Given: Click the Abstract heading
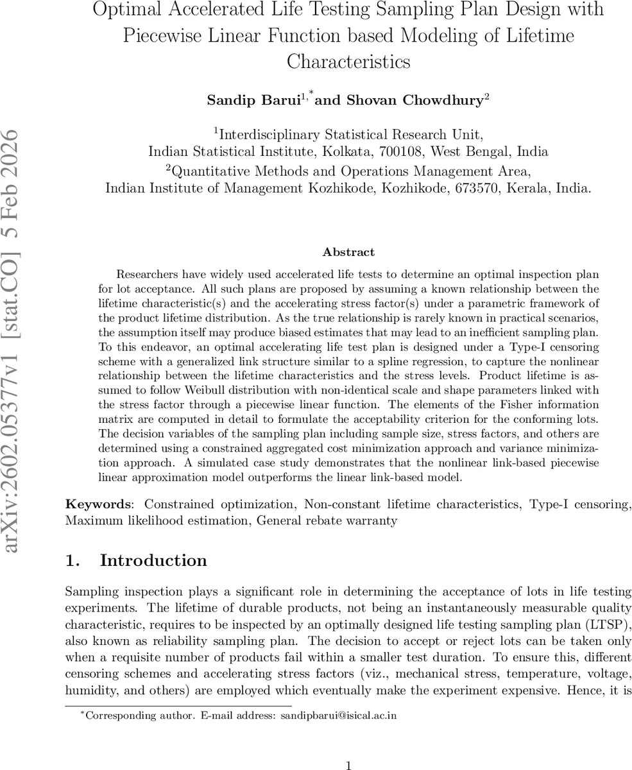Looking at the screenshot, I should [348, 252].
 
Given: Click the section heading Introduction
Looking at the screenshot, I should [153, 560].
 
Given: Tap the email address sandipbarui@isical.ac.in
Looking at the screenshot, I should [339, 715].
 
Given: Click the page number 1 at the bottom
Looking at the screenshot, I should [348, 766].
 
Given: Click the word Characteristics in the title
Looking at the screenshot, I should [348, 62].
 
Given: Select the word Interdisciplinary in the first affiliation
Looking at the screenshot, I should [269, 134].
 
